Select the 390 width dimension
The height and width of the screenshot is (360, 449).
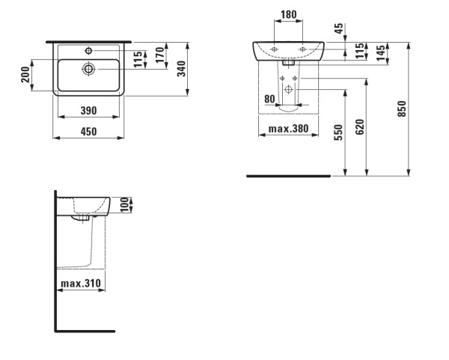click(88, 111)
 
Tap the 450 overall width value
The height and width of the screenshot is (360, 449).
click(88, 132)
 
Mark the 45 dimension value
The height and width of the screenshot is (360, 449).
click(338, 28)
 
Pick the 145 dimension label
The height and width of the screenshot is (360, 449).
click(382, 54)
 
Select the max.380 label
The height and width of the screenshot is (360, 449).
click(289, 129)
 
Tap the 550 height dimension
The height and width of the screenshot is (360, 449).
click(339, 133)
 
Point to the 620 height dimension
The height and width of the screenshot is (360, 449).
click(360, 127)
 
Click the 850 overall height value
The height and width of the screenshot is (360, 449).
click(402, 109)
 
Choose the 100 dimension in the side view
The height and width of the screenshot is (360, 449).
click(126, 204)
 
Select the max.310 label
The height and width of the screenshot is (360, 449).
click(82, 284)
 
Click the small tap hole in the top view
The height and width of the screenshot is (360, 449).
click(88, 50)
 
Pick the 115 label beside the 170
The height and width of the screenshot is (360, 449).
click(137, 60)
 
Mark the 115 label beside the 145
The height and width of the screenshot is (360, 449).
click(360, 51)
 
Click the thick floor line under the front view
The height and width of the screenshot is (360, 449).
click(288, 177)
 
